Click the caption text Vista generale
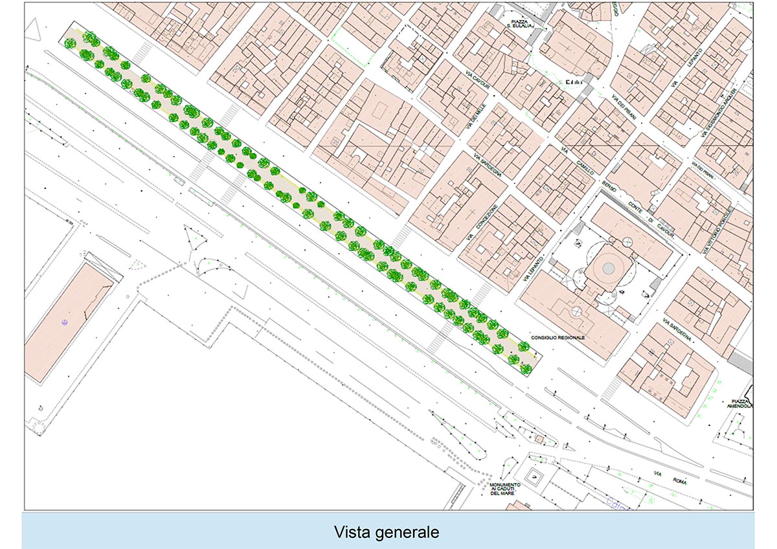[x=387, y=532]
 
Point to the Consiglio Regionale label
[x=557, y=337]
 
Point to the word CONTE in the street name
[x=638, y=207]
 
